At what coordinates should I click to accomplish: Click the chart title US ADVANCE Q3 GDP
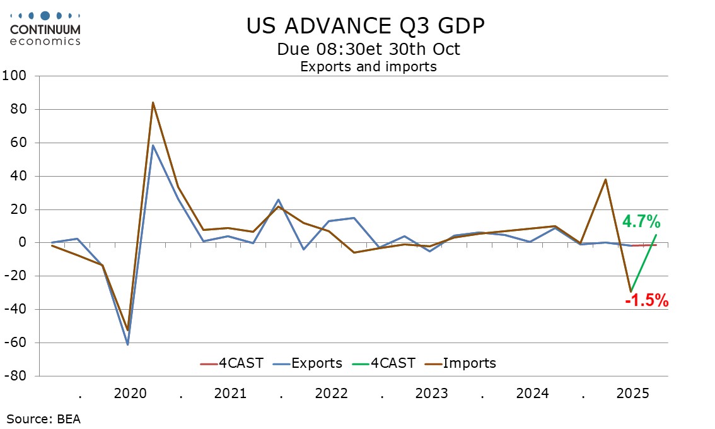[366, 26]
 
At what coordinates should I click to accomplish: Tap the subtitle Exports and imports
[368, 66]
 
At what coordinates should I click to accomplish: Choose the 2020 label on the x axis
[130, 394]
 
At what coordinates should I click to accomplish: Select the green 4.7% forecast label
[641, 221]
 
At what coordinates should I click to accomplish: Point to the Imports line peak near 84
[153, 102]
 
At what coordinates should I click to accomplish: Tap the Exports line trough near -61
[127, 344]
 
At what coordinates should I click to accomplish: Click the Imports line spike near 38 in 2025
[606, 179]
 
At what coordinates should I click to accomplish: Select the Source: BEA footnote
[44, 418]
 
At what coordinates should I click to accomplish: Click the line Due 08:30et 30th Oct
[368, 49]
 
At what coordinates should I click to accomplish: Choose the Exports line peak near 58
[153, 146]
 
